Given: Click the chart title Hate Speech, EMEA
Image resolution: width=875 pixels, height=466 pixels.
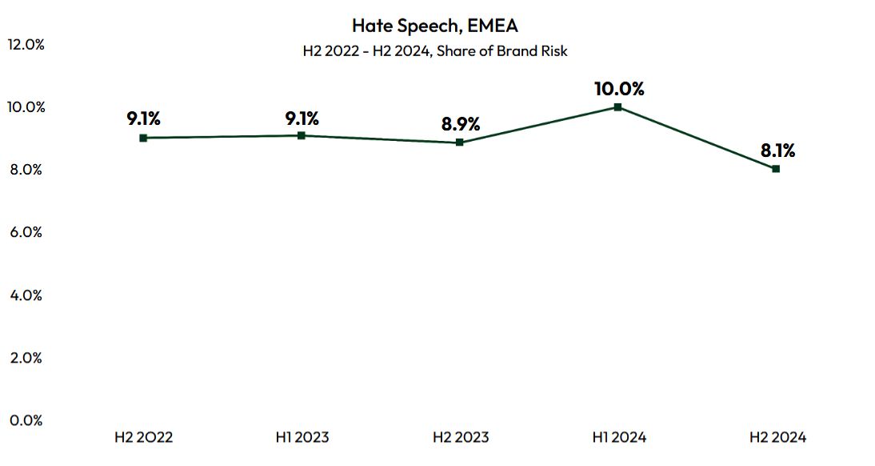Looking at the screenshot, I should (x=435, y=26).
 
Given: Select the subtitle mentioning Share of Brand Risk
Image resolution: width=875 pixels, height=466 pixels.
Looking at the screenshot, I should (x=435, y=50).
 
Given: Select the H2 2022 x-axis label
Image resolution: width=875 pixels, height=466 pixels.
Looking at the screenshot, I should (x=144, y=437).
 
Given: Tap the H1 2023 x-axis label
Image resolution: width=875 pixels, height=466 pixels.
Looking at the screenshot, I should (x=302, y=437).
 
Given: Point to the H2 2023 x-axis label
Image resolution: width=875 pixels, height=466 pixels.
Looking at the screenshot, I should (x=460, y=437).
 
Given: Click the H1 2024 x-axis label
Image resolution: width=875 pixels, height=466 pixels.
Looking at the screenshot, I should (x=618, y=437).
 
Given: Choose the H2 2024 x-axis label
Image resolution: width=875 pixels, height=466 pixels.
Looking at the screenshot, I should (x=777, y=437).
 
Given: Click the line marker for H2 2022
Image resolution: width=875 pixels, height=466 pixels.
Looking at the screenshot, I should (x=143, y=138).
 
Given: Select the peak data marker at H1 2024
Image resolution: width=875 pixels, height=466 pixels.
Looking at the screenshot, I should (x=617, y=106).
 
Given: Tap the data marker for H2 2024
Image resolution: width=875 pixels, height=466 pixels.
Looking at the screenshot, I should (x=776, y=168).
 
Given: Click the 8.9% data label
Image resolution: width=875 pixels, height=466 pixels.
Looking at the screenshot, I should (x=461, y=124).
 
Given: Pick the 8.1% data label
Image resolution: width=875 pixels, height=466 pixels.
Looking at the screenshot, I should (x=777, y=151).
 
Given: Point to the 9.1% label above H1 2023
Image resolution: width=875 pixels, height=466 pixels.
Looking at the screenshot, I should (x=302, y=119).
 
